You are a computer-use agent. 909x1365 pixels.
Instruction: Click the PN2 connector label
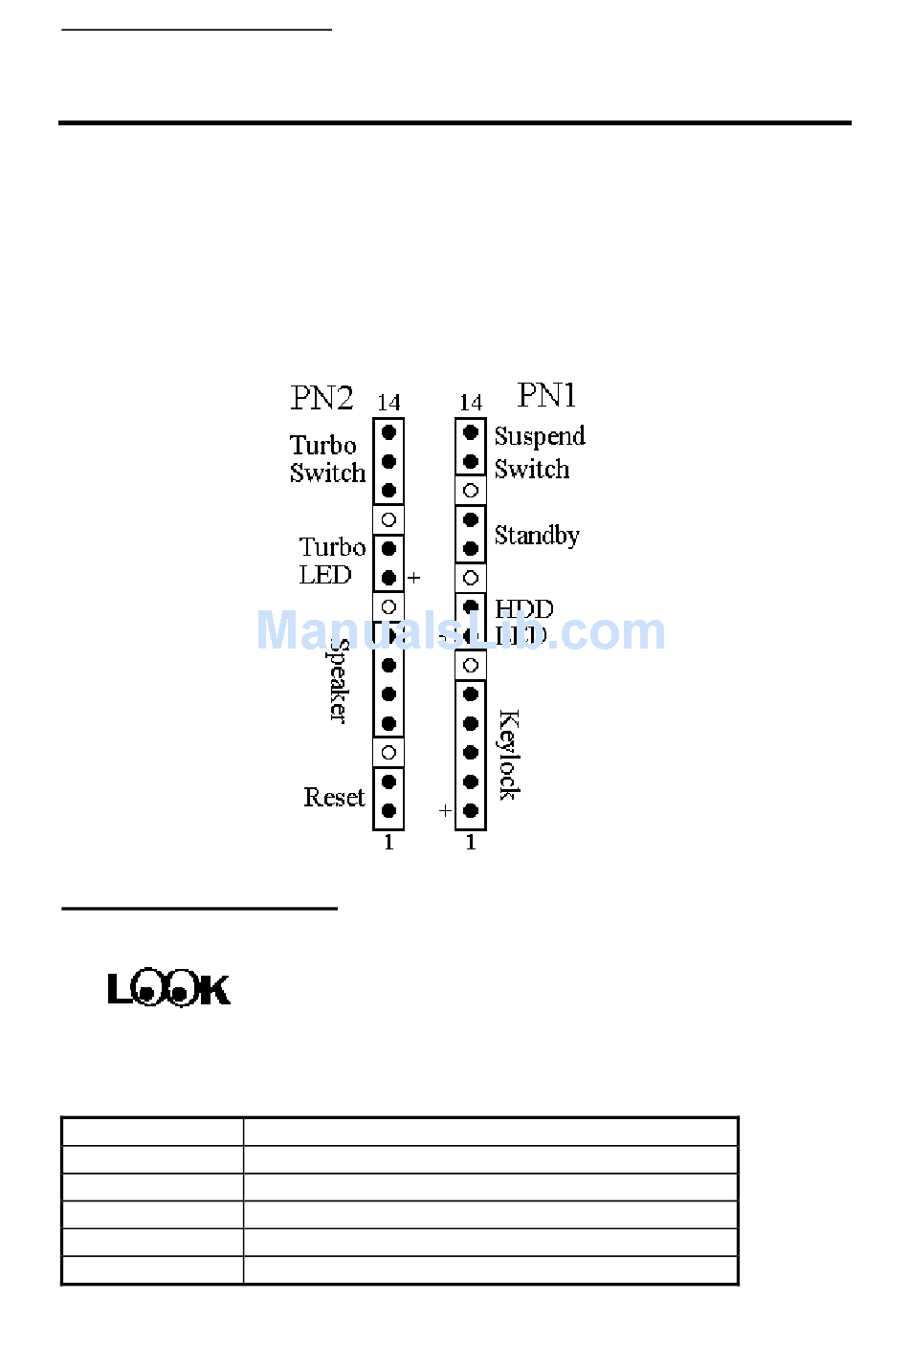tap(321, 398)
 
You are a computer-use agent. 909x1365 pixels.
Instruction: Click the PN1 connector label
tap(546, 395)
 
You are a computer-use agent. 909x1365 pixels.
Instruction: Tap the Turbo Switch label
tap(326, 459)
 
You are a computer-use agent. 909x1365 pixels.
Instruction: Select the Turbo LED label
tap(331, 561)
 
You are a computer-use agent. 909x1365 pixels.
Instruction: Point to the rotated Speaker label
tap(338, 680)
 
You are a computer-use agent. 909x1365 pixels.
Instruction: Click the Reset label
tap(334, 797)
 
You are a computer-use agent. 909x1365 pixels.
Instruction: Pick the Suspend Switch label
tap(539, 452)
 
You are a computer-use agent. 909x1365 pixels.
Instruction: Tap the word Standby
tap(537, 535)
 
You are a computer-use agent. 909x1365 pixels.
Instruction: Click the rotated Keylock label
tap(509, 755)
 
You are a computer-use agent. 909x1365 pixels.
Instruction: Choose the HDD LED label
tap(522, 622)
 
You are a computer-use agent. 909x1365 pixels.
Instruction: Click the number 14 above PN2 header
tap(388, 403)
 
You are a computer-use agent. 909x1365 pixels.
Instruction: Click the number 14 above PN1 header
tap(470, 403)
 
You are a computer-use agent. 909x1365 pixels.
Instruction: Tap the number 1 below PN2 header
tap(388, 843)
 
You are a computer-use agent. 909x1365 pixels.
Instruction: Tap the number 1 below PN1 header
tap(470, 843)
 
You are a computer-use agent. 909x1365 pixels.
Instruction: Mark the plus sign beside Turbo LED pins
tap(413, 578)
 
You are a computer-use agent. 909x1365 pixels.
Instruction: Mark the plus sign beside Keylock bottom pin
tap(445, 810)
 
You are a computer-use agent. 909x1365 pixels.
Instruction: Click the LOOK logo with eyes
tap(168, 988)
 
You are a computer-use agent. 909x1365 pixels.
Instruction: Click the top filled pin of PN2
tap(388, 432)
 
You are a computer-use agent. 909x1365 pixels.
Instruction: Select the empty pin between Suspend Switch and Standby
tap(471, 491)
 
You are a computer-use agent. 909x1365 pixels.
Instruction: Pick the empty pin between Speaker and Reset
tap(388, 753)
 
